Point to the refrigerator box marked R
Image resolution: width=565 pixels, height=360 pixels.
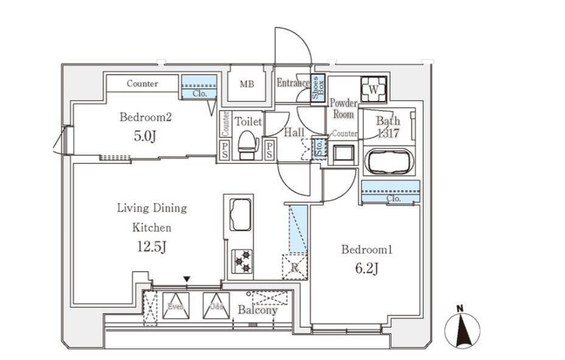(x=294, y=266)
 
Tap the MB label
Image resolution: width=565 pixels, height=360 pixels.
(x=246, y=84)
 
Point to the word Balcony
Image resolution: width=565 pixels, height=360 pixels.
(x=257, y=310)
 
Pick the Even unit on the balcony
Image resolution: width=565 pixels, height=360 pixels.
(x=176, y=306)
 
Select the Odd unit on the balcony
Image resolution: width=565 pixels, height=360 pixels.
(x=216, y=306)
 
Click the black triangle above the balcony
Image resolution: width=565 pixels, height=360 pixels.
(x=187, y=280)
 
